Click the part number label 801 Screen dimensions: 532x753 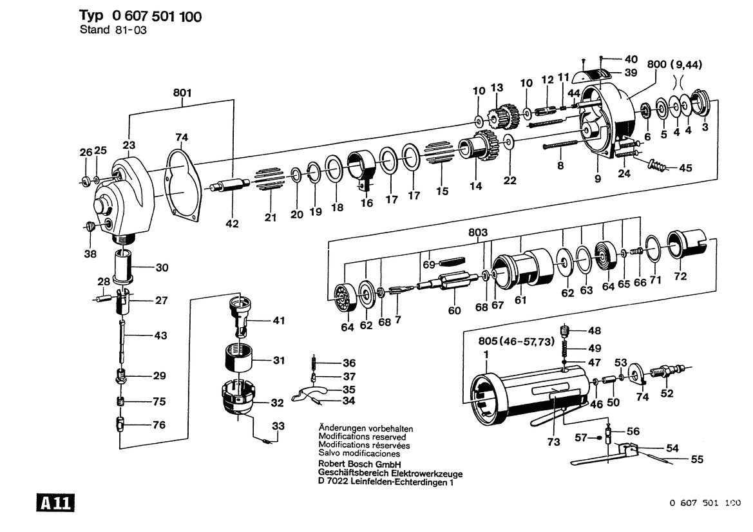click(182, 93)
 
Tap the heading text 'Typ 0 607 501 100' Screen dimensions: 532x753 click(140, 16)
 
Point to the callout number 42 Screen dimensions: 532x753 click(232, 224)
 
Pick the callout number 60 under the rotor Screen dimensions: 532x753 click(455, 311)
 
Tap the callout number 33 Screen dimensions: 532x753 click(278, 426)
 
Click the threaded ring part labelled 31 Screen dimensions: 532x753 click(239, 357)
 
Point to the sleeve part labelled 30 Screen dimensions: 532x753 click(124, 267)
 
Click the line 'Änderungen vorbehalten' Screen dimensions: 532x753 click(365, 428)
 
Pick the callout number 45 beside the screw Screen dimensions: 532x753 click(685, 168)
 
